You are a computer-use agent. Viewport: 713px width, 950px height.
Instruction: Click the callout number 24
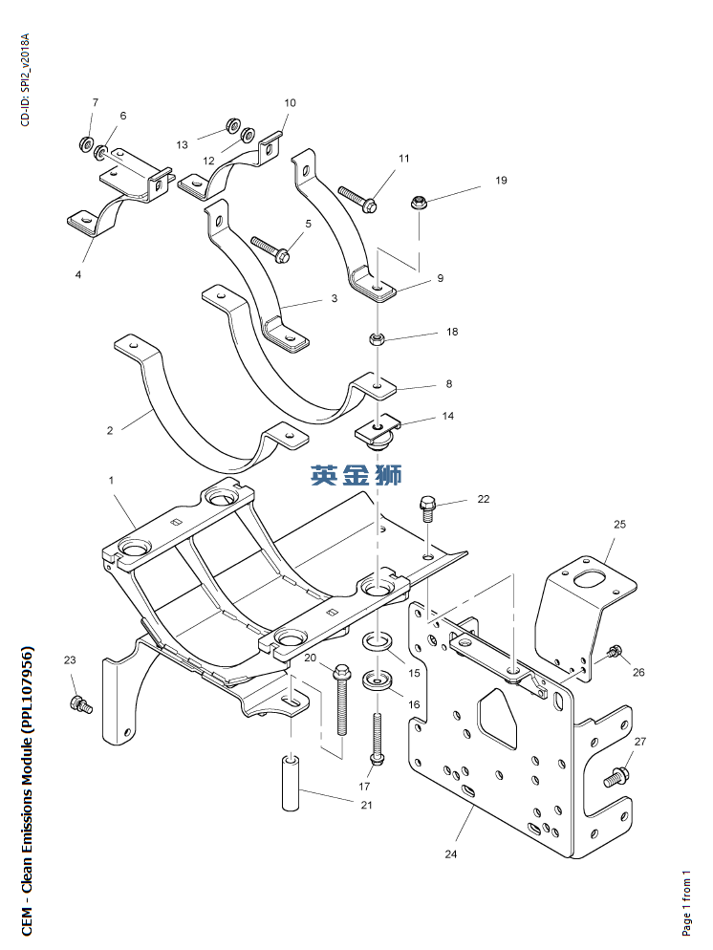(451, 853)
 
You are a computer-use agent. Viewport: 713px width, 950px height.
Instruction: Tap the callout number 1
(111, 479)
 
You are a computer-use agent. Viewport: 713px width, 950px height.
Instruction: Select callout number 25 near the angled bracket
(619, 525)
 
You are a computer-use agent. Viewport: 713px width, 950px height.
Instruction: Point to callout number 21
(366, 805)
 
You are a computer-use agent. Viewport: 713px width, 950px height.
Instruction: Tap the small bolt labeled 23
(79, 705)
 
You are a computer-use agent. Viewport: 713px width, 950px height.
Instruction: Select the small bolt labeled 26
(613, 654)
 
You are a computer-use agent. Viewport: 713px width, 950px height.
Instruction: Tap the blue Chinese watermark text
(356, 474)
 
